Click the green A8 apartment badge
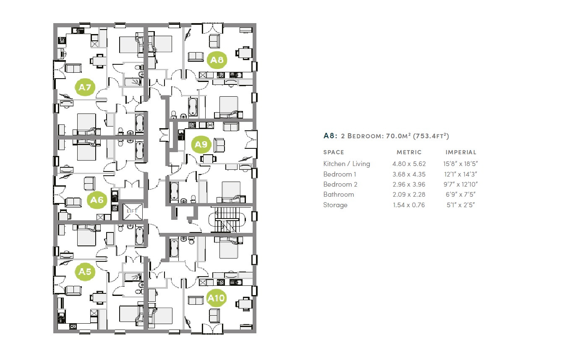click(x=217, y=60)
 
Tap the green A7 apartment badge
click(x=85, y=87)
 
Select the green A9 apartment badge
click(x=201, y=145)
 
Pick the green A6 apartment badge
click(x=97, y=200)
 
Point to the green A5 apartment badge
click(x=85, y=272)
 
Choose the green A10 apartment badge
click(x=217, y=298)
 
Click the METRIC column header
click(x=409, y=152)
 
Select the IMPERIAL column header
click(x=461, y=152)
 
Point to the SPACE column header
click(x=334, y=152)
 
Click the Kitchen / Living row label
click(x=347, y=164)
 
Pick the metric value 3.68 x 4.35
click(x=409, y=174)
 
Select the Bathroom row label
click(x=339, y=194)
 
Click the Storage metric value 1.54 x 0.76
click(x=409, y=205)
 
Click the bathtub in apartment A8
click(x=193, y=108)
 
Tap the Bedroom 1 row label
click(x=340, y=174)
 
